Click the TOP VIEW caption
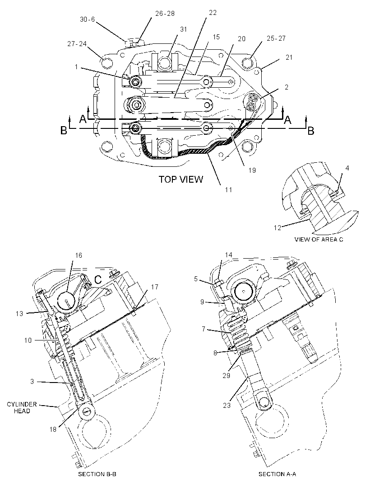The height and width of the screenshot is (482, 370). [180, 179]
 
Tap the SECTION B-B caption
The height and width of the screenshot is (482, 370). [97, 474]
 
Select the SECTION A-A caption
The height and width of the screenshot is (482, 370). [277, 474]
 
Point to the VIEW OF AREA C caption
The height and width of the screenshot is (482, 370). [319, 239]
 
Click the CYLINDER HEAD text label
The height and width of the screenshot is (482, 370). [22, 407]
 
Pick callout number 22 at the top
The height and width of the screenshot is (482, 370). [213, 13]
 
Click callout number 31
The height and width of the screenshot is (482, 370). [184, 29]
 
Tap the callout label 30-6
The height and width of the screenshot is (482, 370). [88, 19]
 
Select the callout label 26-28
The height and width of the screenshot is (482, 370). [165, 14]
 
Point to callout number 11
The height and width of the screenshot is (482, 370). [229, 189]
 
